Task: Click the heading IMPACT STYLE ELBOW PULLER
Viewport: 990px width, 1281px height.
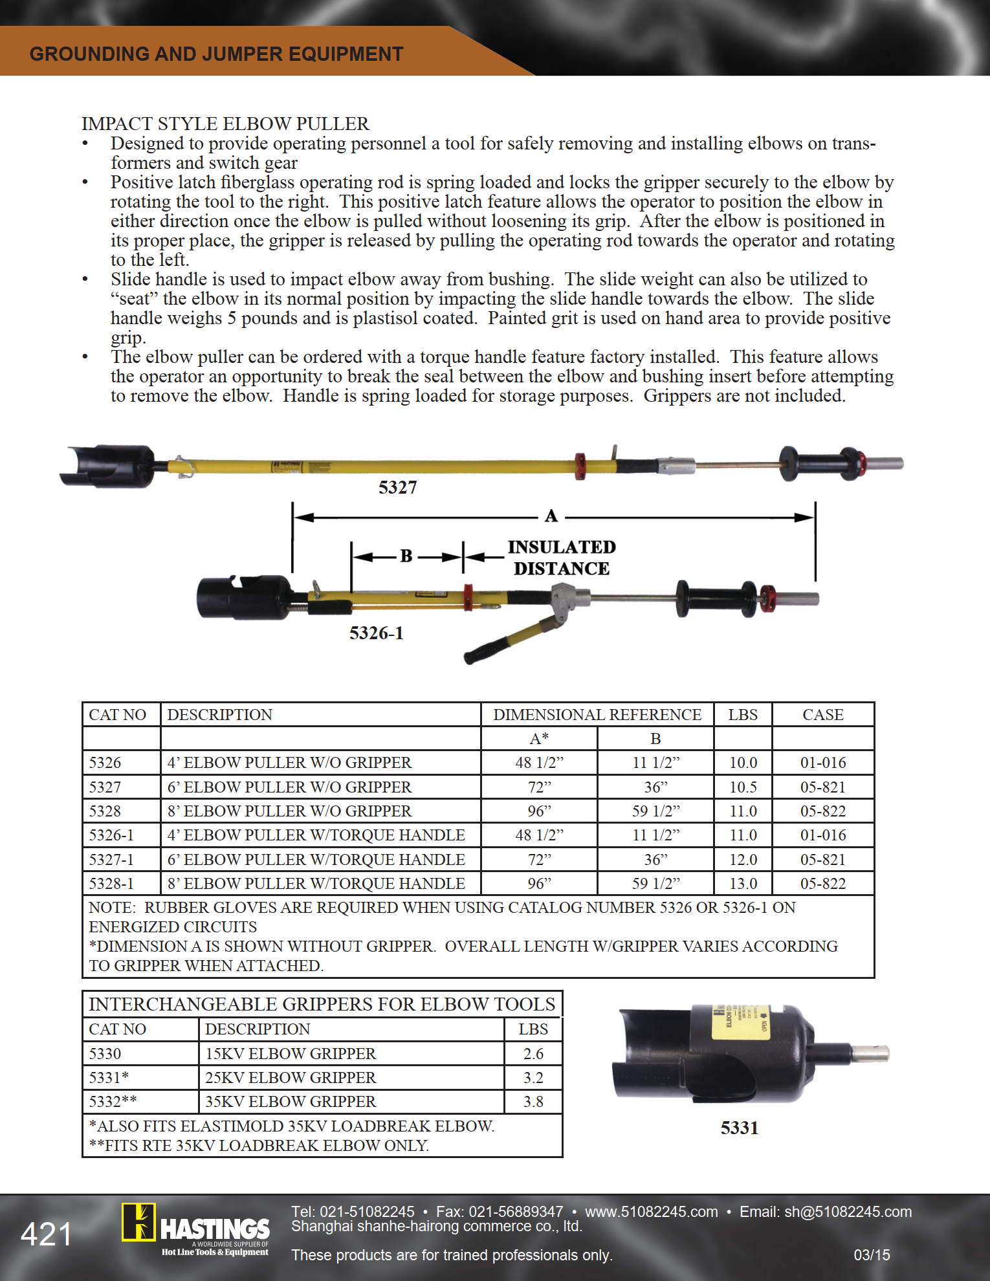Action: pyautogui.click(x=225, y=124)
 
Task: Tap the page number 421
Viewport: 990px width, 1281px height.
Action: pyautogui.click(x=46, y=1234)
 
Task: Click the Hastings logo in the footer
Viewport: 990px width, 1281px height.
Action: pyautogui.click(x=195, y=1229)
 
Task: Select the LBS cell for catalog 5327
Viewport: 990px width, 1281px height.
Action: pyautogui.click(x=743, y=787)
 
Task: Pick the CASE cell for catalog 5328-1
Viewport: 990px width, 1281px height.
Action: pyautogui.click(x=822, y=884)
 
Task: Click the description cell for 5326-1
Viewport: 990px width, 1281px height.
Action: pyautogui.click(x=316, y=835)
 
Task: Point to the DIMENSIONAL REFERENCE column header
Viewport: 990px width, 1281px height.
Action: pyautogui.click(x=597, y=715)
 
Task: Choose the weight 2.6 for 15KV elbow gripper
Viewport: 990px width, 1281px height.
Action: pyautogui.click(x=533, y=1054)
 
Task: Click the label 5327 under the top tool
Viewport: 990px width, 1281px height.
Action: pyautogui.click(x=398, y=488)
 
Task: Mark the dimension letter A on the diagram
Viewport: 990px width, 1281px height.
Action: pyautogui.click(x=551, y=516)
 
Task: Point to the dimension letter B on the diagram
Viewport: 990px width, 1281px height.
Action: pyautogui.click(x=406, y=556)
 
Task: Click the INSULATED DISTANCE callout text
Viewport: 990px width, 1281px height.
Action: pyautogui.click(x=561, y=558)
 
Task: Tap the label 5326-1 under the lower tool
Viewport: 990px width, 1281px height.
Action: pyautogui.click(x=377, y=633)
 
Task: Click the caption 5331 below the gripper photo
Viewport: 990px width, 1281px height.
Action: pyautogui.click(x=739, y=1128)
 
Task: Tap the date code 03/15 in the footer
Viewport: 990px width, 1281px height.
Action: pyautogui.click(x=872, y=1255)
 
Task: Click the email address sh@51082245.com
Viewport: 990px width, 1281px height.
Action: pyautogui.click(x=848, y=1212)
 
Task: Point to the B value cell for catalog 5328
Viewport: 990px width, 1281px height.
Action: pyautogui.click(x=655, y=811)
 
